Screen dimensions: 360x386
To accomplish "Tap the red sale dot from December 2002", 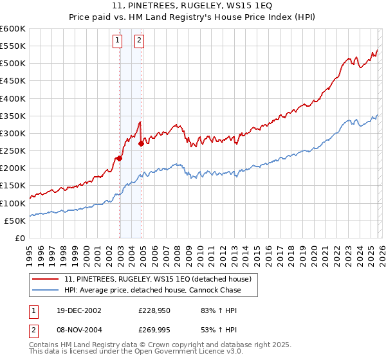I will coord(119,158).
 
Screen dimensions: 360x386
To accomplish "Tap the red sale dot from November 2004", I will coord(141,144).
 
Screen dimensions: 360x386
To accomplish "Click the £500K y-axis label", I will coord(13,64).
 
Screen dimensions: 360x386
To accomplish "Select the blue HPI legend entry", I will coord(152,290).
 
